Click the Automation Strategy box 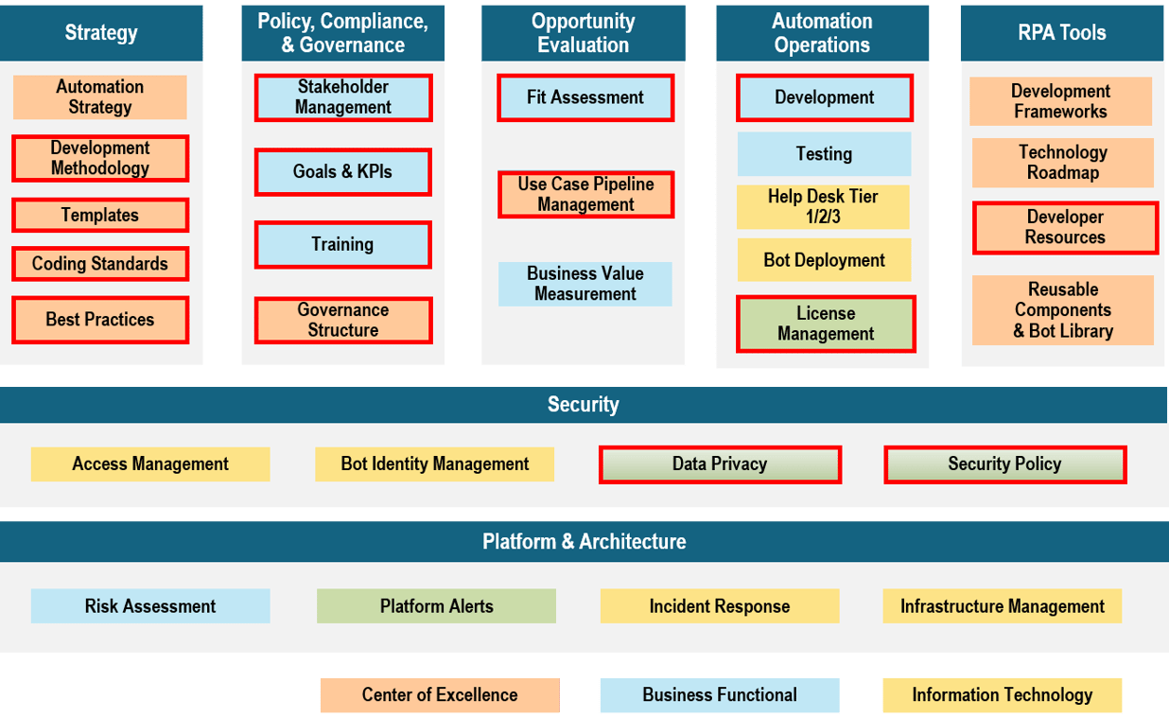click(99, 97)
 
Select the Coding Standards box click(100, 264)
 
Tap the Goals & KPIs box click(343, 171)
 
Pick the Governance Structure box click(343, 320)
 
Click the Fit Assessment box click(585, 97)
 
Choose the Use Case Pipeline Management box click(586, 194)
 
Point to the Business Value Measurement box click(585, 284)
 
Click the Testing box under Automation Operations click(824, 154)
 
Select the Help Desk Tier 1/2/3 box click(823, 206)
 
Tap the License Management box click(826, 324)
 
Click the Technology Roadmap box click(1062, 163)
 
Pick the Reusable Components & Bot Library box click(1062, 310)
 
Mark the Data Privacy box click(720, 464)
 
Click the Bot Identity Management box click(435, 464)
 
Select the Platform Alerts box click(436, 605)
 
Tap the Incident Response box click(720, 605)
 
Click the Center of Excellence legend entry click(440, 695)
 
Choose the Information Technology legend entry click(1002, 695)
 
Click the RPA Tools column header click(1062, 33)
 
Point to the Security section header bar click(584, 405)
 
